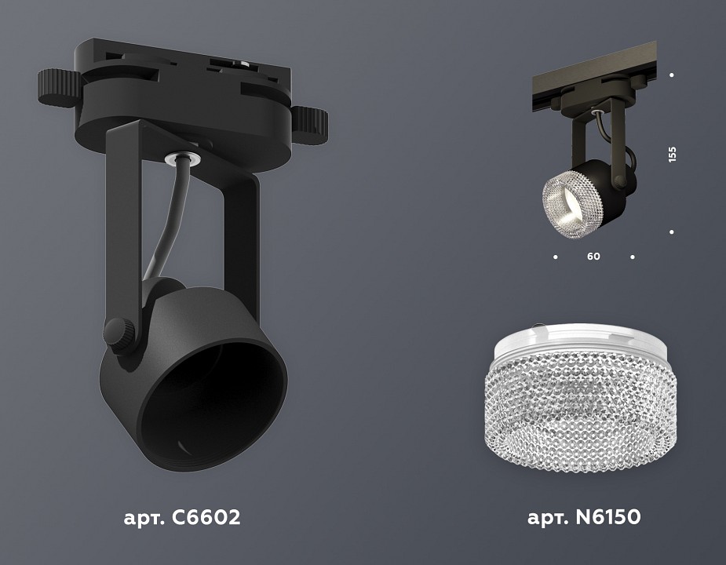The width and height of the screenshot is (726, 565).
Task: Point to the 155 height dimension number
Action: tap(672, 154)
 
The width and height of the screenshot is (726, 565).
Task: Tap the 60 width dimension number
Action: tap(593, 257)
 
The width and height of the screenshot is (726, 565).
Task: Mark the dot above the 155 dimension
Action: tap(672, 75)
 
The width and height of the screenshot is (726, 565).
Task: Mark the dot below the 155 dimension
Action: tap(672, 232)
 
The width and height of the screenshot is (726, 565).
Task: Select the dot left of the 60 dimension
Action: tap(556, 257)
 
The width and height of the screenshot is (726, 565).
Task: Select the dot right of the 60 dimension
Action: tap(633, 257)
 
